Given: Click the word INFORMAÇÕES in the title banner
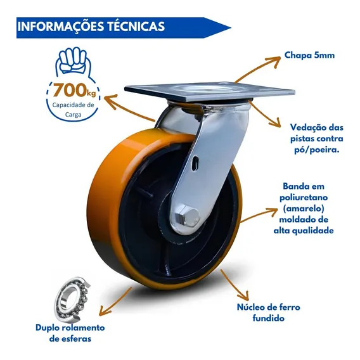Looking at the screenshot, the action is click(x=61, y=26).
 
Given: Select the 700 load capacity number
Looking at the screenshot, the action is click(x=69, y=91).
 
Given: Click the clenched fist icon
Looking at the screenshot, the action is click(x=73, y=60).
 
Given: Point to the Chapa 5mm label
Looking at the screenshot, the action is click(x=309, y=55).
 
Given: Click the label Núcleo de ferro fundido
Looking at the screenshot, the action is click(x=268, y=312).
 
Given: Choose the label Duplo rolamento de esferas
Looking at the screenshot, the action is click(x=70, y=333).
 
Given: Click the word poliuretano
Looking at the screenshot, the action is click(x=304, y=197).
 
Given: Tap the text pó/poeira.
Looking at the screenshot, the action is click(x=317, y=150).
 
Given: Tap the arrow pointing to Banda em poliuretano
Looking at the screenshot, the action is click(x=259, y=214).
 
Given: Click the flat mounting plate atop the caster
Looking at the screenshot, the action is click(x=210, y=92).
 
